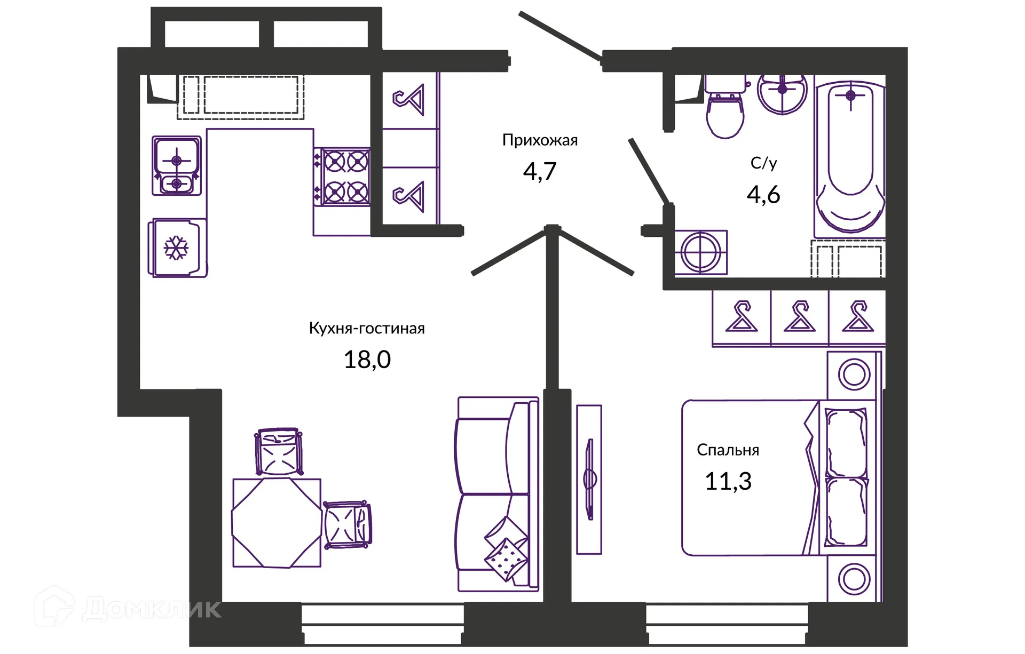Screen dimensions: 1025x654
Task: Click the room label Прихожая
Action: click(x=540, y=140)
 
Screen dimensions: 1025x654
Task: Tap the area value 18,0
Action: click(x=367, y=360)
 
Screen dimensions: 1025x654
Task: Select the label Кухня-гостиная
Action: click(x=367, y=328)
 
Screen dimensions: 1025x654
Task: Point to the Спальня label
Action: click(x=728, y=450)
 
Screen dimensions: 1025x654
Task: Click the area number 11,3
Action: click(x=728, y=481)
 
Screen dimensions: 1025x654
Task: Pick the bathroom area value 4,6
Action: click(x=763, y=195)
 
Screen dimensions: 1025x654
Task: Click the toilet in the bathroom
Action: click(x=724, y=107)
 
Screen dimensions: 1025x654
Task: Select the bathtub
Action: click(x=849, y=157)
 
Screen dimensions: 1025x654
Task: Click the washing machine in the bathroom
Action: click(x=700, y=252)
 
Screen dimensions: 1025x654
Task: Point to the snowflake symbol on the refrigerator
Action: click(x=176, y=248)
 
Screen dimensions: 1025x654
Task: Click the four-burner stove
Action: click(x=342, y=177)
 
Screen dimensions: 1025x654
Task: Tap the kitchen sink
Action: click(x=177, y=165)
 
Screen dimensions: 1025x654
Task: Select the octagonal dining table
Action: click(x=277, y=523)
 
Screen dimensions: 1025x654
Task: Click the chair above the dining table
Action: click(x=278, y=451)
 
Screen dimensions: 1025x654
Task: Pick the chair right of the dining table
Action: click(x=347, y=524)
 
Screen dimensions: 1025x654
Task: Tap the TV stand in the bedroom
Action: click(x=589, y=480)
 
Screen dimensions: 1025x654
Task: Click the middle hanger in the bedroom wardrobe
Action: click(x=800, y=316)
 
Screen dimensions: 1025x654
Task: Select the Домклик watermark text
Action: click(x=152, y=609)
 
